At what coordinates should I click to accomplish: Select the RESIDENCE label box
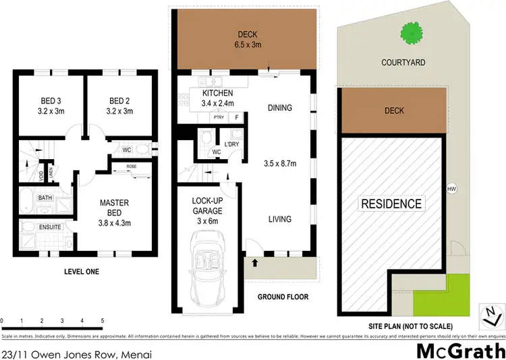[391, 204]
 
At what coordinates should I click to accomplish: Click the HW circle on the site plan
[451, 188]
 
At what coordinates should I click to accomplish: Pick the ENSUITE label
[50, 227]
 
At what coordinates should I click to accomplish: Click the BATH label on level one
[45, 198]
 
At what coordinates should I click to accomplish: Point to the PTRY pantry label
[218, 117]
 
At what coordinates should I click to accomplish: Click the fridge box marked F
[237, 117]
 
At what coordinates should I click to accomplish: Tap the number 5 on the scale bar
[102, 321]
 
